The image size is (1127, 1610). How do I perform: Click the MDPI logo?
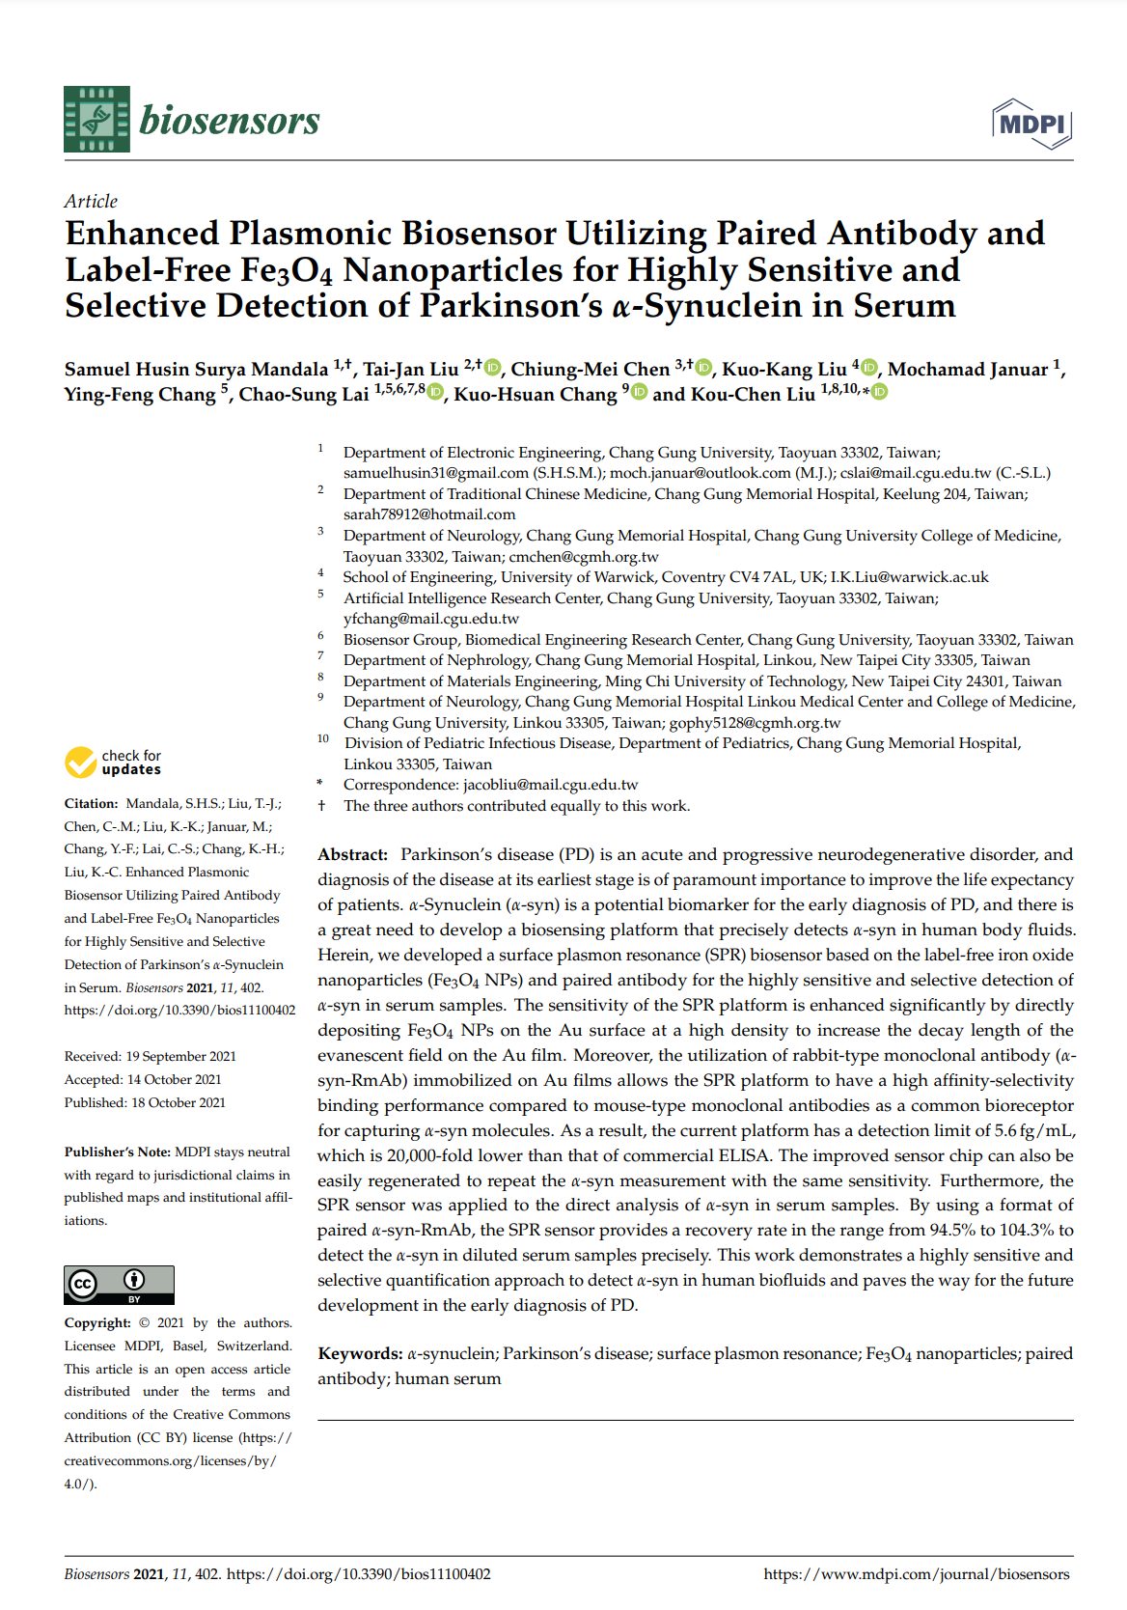[1032, 124]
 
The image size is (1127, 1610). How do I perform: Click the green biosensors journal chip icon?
[96, 120]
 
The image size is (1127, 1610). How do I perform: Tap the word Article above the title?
[91, 201]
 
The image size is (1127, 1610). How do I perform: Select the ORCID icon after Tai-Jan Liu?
[493, 367]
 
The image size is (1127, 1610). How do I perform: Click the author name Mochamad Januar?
[967, 369]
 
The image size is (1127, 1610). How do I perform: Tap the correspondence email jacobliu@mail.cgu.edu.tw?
[550, 785]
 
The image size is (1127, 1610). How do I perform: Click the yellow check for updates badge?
[113, 763]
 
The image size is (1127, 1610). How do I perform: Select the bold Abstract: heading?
[352, 854]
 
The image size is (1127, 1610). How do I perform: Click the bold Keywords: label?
[360, 1353]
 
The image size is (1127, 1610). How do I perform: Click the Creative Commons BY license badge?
[119, 1285]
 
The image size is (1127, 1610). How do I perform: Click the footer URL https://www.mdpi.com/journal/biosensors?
[916, 1574]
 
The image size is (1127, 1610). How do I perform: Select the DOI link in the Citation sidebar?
[179, 1010]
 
